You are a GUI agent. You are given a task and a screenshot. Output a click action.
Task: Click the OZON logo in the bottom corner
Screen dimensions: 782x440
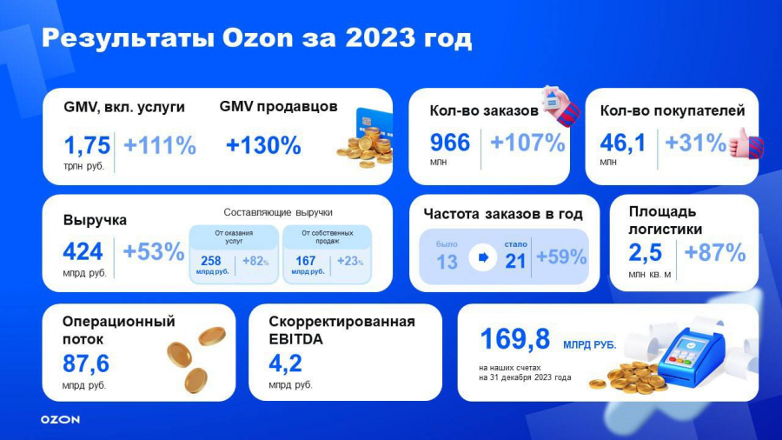[x=60, y=419]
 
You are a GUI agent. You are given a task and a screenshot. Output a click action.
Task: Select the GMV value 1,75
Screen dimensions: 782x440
[x=87, y=146]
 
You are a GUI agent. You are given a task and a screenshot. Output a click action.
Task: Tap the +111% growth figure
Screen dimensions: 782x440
[x=160, y=146]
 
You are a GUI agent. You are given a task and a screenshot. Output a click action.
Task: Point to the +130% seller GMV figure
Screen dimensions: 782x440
[x=263, y=146]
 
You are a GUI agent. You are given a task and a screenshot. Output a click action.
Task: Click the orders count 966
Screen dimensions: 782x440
[x=450, y=143]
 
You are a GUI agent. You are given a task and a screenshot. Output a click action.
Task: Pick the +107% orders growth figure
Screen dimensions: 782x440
[x=527, y=143]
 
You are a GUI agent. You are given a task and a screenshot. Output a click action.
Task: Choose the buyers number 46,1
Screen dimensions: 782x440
[x=622, y=143]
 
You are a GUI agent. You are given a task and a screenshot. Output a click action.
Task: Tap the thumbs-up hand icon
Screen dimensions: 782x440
[x=746, y=143]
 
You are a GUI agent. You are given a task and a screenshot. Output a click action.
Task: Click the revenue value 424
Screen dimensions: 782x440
[x=83, y=251]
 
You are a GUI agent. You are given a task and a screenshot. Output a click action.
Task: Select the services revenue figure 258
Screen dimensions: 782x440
[x=210, y=261]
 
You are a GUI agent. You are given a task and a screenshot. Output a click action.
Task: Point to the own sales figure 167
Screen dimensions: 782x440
[x=305, y=261]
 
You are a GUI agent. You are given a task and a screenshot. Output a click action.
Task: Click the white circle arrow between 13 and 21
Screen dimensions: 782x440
[x=483, y=257]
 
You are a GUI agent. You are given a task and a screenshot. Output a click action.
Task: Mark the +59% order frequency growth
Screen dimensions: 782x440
[x=561, y=257]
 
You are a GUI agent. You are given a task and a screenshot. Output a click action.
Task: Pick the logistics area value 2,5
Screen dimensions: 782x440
[x=645, y=252]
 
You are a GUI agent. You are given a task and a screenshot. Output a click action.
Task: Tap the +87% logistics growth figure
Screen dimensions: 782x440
[x=715, y=252]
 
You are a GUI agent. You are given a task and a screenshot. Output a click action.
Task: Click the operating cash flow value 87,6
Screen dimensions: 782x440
[x=86, y=363]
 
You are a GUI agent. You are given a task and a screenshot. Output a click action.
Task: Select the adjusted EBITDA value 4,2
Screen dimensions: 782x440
[x=285, y=363]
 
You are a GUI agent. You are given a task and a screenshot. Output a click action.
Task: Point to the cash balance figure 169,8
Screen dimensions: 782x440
[x=514, y=339]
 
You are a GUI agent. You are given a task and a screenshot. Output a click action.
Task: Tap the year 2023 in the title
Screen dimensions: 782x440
[x=380, y=38]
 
